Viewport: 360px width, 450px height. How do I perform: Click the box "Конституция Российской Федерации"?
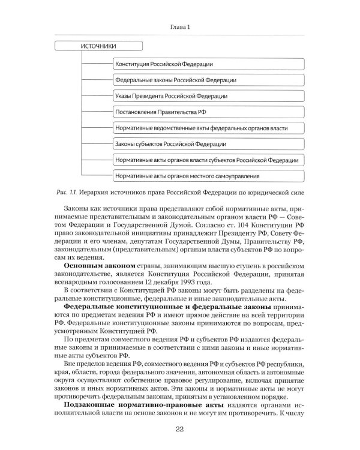point(206,64)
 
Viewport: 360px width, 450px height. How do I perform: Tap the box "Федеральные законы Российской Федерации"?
point(206,80)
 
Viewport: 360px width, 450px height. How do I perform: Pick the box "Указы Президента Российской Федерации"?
point(206,96)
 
